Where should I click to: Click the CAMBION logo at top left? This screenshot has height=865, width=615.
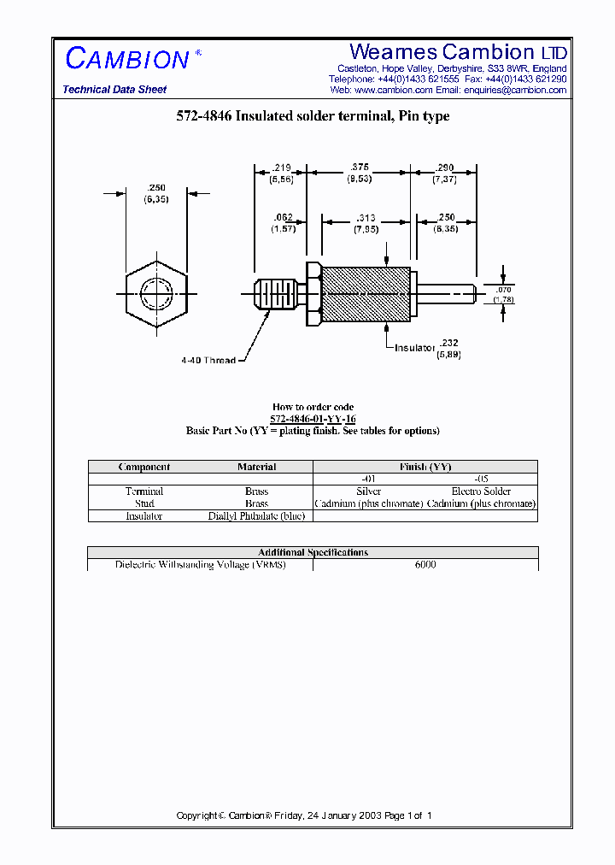point(128,58)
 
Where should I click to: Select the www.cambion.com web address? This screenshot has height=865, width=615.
point(393,90)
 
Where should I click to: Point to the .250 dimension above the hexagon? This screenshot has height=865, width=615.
point(155,187)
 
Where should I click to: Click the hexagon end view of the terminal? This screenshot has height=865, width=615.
point(155,295)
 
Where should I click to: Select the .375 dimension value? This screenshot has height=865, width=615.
point(359,168)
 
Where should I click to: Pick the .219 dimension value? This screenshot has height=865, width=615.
point(281,168)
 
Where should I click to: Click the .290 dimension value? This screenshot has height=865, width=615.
point(444,168)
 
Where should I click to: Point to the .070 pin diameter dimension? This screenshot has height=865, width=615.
point(505,291)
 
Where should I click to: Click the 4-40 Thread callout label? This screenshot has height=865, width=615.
point(208,361)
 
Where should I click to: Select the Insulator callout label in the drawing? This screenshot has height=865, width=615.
point(415,348)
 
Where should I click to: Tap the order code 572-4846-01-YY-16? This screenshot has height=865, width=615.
point(313,419)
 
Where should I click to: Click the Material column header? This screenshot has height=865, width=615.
point(256,467)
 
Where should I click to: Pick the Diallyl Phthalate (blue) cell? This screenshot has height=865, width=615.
point(256,516)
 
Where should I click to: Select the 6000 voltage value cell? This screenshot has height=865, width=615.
point(425,565)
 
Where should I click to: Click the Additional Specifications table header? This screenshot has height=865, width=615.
point(313,552)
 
